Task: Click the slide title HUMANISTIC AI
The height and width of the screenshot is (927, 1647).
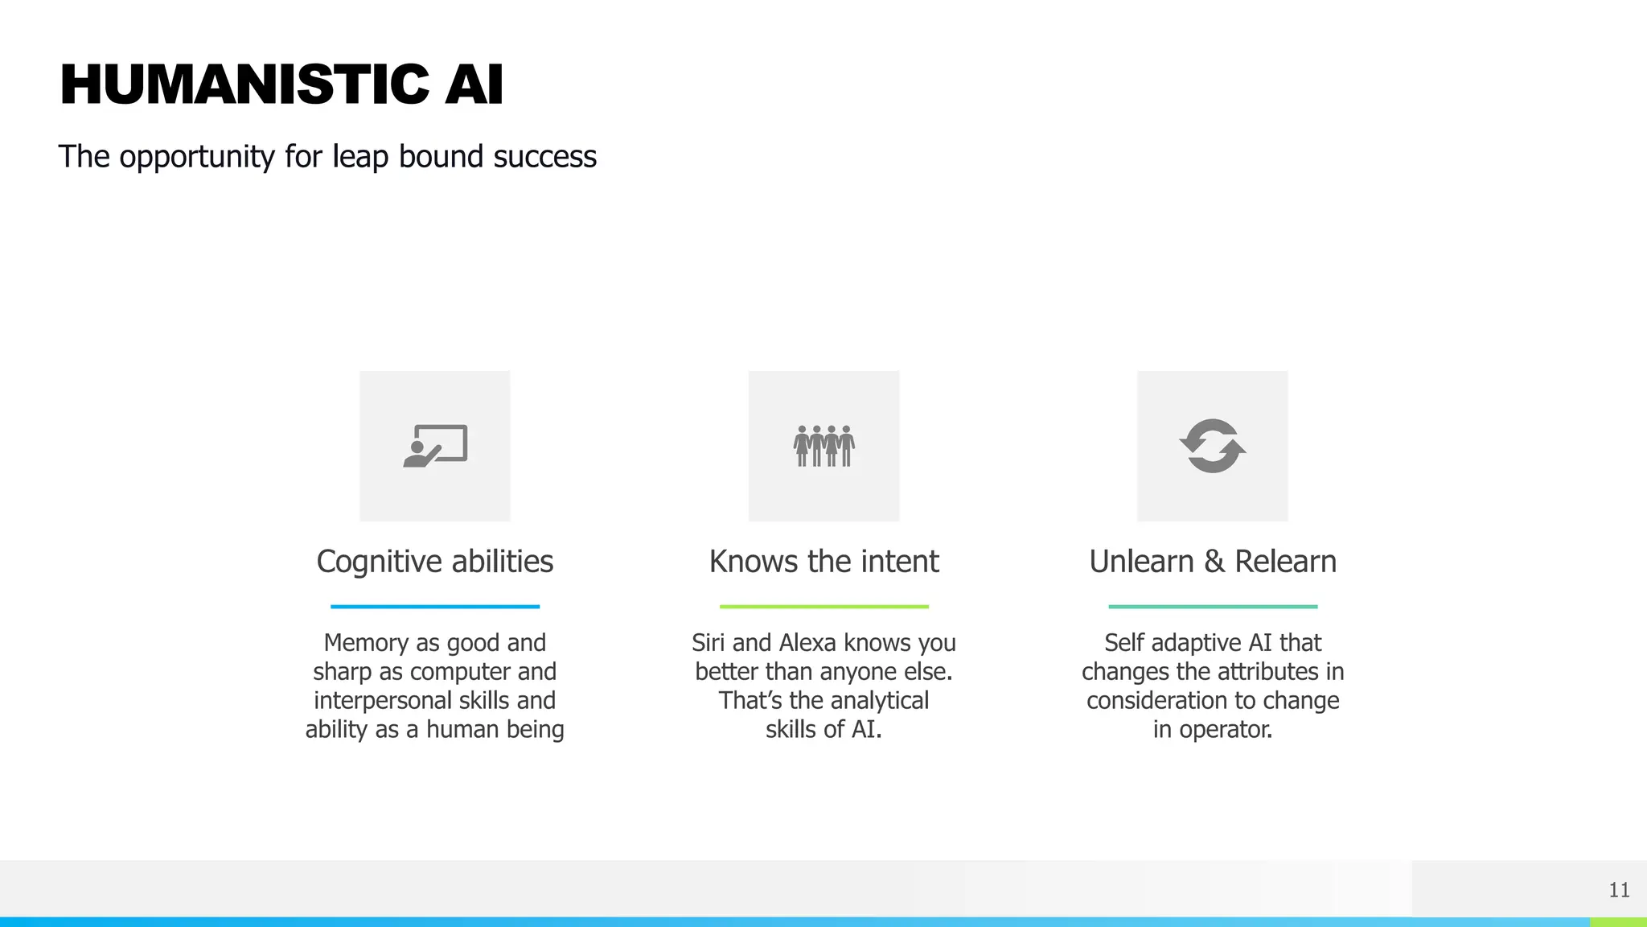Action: (x=281, y=84)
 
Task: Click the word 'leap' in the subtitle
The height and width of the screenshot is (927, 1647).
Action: (x=361, y=157)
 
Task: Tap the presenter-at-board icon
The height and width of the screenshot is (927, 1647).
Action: (x=435, y=446)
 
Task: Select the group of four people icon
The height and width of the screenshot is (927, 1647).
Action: (x=823, y=446)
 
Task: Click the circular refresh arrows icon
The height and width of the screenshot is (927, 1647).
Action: (x=1213, y=446)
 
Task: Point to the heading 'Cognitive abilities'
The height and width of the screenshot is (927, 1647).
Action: (x=435, y=562)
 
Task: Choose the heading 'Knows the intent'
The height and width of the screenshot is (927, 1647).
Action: (x=823, y=562)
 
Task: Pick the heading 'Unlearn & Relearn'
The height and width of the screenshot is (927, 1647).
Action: (x=1213, y=562)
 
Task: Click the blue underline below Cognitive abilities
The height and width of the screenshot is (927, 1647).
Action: (x=435, y=607)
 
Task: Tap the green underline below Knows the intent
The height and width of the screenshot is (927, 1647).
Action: (x=823, y=607)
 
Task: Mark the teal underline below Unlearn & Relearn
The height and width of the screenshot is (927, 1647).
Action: (x=1213, y=607)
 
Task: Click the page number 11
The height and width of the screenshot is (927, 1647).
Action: (x=1619, y=890)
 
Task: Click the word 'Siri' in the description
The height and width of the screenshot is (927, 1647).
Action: (x=708, y=643)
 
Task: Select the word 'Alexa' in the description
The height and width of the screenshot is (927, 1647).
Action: (x=808, y=643)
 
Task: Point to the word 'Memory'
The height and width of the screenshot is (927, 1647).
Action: (x=366, y=643)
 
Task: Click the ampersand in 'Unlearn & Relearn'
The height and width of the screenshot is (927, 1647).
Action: (x=1214, y=562)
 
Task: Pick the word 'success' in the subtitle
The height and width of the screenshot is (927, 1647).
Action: (x=544, y=157)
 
